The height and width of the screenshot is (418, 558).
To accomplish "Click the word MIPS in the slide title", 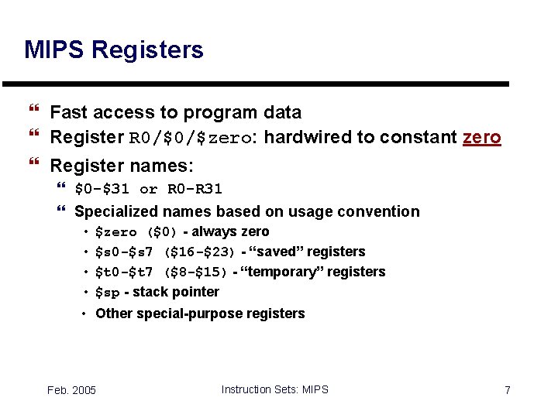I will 54,50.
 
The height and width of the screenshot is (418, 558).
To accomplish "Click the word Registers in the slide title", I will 147,50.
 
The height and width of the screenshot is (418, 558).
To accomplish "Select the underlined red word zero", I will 481,138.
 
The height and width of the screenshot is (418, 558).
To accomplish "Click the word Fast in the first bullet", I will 68,112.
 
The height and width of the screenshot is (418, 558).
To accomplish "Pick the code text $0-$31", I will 102,189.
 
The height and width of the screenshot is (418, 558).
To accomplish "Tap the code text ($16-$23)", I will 199,252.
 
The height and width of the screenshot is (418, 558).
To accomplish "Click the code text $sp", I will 107,293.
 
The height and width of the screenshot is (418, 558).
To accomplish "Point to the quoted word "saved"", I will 275,252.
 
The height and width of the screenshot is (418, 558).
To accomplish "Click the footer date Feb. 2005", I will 71,390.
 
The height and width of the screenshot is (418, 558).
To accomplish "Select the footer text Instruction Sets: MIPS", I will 274,389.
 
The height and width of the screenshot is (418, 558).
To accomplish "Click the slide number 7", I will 507,390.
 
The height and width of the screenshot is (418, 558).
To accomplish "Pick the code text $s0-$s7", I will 124,252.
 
